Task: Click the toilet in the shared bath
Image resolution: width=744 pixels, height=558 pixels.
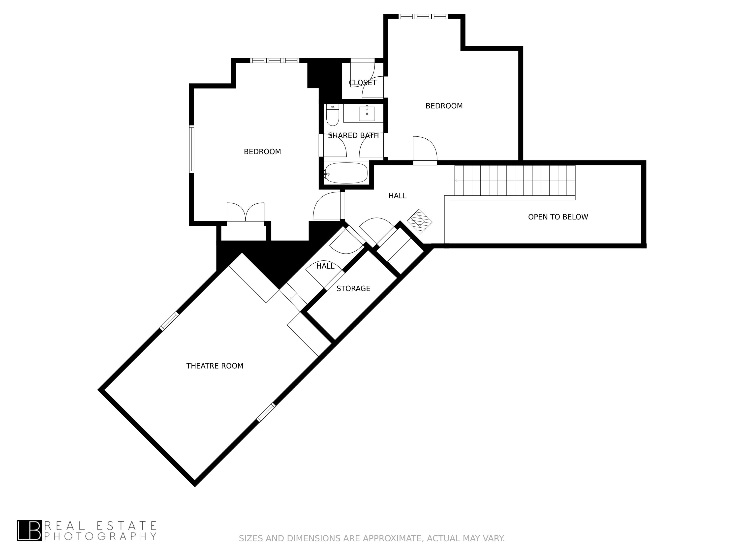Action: [332, 115]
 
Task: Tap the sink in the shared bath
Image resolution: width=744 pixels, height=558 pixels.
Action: [367, 114]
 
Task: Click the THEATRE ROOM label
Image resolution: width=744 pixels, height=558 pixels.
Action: [215, 366]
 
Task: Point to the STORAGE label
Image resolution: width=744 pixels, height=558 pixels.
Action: [353, 289]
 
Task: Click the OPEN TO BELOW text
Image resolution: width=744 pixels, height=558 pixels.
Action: [558, 217]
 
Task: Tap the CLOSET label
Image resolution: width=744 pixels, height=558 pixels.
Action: [363, 83]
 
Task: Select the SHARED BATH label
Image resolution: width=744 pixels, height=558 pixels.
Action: [353, 136]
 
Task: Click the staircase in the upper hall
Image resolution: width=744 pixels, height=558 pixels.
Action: [515, 181]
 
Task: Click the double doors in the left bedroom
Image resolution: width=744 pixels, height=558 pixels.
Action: [246, 213]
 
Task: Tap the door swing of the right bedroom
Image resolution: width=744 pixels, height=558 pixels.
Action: [425, 149]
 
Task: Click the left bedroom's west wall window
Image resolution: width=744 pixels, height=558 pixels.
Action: [191, 149]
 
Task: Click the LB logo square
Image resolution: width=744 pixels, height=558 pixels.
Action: [29, 531]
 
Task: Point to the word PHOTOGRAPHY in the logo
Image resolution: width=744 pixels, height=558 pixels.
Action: [100, 536]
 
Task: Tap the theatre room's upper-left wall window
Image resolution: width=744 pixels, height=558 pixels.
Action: [169, 321]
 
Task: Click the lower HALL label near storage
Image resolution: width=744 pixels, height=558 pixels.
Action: [325, 266]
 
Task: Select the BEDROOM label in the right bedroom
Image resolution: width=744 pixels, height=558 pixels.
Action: [444, 106]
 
